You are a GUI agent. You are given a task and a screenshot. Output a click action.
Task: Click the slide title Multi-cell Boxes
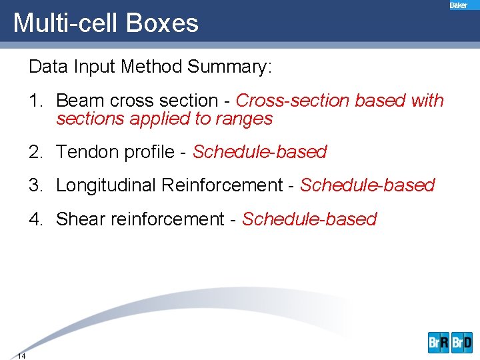point(106,23)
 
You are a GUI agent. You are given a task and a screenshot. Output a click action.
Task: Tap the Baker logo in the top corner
point(459,5)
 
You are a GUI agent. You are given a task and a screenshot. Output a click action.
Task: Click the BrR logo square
point(439,342)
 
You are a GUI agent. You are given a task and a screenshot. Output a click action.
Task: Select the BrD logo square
point(461,342)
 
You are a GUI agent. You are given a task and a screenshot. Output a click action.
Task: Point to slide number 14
point(21,356)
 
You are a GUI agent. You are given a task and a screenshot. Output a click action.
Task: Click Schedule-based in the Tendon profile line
point(259,152)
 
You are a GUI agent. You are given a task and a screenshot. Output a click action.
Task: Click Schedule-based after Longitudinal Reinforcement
point(367,185)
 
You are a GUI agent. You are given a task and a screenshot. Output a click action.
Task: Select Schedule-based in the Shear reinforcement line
point(309,219)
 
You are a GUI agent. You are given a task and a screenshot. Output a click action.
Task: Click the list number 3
point(35,185)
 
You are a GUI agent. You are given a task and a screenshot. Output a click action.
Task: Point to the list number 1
point(35,101)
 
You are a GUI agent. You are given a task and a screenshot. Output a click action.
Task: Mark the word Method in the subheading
point(153,67)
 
